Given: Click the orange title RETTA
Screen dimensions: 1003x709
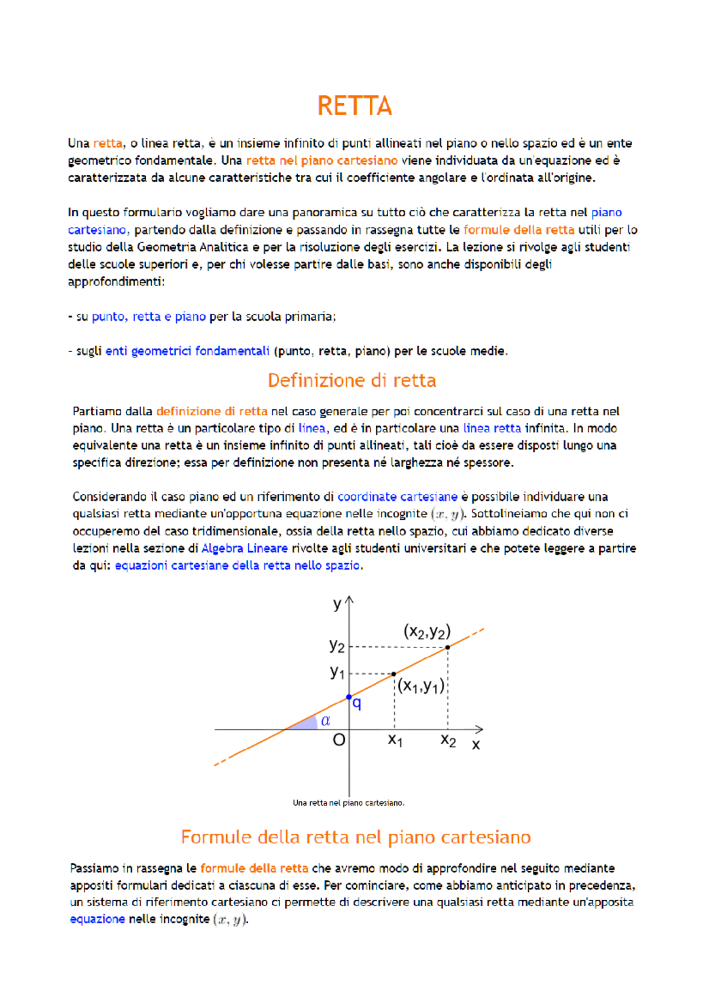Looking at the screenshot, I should coord(354,106).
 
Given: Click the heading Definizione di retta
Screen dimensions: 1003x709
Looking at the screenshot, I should coord(352,380).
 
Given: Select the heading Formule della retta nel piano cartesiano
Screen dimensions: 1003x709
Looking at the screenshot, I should coord(356,837).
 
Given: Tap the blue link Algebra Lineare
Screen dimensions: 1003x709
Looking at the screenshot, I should coord(245,548).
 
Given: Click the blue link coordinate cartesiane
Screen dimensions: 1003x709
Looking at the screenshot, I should coord(397,497).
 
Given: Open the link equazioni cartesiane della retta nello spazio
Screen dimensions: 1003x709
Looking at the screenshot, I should coord(238,565).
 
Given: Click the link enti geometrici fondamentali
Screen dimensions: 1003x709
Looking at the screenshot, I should coord(187,351).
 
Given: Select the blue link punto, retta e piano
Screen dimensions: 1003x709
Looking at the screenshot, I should coord(148,317).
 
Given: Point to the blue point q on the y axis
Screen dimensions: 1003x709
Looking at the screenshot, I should coord(349,697).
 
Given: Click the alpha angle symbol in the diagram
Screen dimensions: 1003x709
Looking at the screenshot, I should coord(325,721).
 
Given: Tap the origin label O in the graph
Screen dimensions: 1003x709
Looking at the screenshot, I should coord(339,740).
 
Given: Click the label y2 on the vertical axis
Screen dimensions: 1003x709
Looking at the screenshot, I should coord(337,646).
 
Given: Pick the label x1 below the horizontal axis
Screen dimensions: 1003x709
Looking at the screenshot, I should coord(395,740).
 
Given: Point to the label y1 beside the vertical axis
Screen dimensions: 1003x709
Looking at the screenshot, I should coord(337,672).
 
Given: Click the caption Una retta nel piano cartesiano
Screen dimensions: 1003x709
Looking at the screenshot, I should coord(349,803).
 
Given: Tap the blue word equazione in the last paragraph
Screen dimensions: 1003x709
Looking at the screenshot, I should coord(97,919).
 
